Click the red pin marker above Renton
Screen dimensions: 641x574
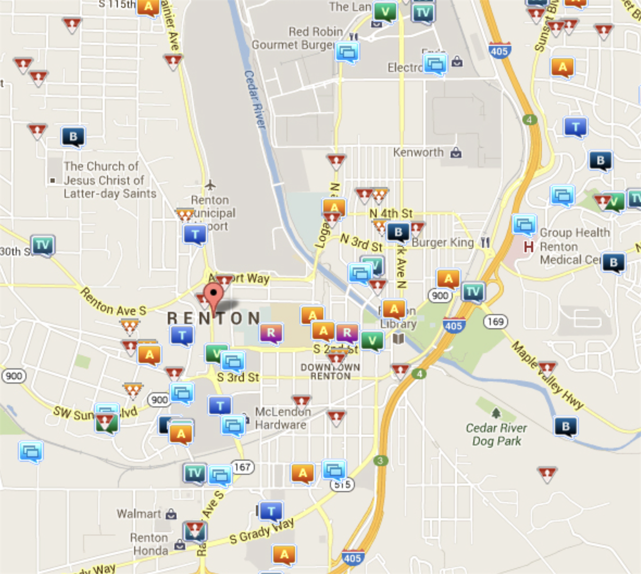pyautogui.click(x=214, y=295)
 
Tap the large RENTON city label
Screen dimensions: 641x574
pyautogui.click(x=214, y=319)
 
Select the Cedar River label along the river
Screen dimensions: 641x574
pyautogui.click(x=255, y=99)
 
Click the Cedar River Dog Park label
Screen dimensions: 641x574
pyautogui.click(x=496, y=435)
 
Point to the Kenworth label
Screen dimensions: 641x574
pyautogui.click(x=418, y=153)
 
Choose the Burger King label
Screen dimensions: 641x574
pyautogui.click(x=443, y=242)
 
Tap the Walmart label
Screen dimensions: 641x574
pyautogui.click(x=139, y=514)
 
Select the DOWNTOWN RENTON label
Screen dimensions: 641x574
pyautogui.click(x=330, y=372)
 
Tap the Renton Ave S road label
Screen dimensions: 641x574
pyautogui.click(x=113, y=302)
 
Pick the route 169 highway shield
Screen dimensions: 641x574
pyautogui.click(x=495, y=321)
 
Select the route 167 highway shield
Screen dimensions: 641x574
pyautogui.click(x=242, y=467)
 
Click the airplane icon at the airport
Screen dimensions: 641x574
pyautogui.click(x=210, y=185)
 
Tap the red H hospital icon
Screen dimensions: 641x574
pyautogui.click(x=528, y=247)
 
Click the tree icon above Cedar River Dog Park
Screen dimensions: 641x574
pyautogui.click(x=496, y=413)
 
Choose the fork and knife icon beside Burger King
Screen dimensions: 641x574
pyautogui.click(x=485, y=242)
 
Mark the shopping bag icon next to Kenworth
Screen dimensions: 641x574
pyautogui.click(x=456, y=153)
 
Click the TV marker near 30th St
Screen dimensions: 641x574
pyautogui.click(x=42, y=245)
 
